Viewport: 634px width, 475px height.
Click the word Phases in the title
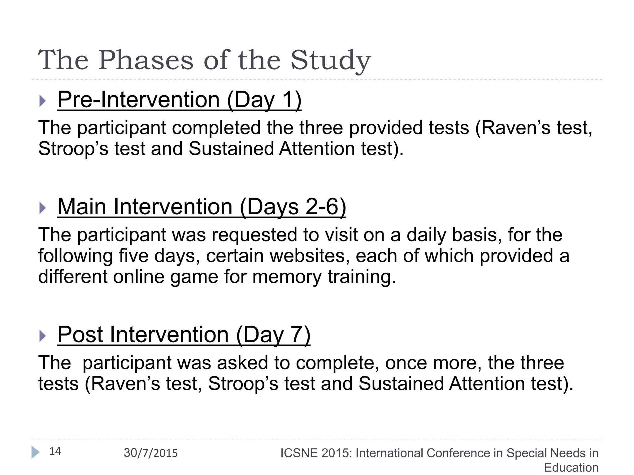(146, 60)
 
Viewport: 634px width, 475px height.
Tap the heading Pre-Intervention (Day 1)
(179, 100)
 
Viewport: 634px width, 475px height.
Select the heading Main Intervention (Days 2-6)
(202, 207)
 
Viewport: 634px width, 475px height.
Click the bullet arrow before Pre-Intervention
(43, 101)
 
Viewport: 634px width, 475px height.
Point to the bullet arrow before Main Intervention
(43, 208)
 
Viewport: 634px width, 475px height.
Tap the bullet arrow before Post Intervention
(43, 336)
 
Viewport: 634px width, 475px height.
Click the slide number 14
(55, 451)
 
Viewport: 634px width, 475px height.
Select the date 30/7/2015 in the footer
(151, 453)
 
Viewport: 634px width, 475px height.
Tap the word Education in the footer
(571, 467)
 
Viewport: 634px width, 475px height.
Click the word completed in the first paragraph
(216, 128)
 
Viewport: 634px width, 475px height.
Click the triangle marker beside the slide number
(35, 452)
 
